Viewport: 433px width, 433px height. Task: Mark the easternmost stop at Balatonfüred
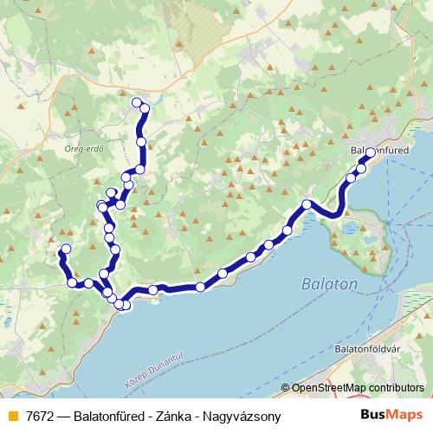point(370,153)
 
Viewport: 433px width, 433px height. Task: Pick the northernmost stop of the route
point(136,103)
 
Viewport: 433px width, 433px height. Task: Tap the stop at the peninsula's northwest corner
point(307,204)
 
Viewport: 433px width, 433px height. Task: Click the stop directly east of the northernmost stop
point(145,108)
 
